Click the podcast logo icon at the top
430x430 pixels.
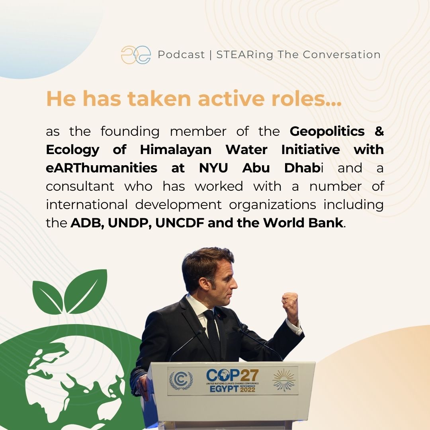pyautogui.click(x=136, y=55)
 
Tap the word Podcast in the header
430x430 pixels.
pyautogui.click(x=181, y=55)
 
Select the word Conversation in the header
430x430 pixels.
pyautogui.click(x=342, y=55)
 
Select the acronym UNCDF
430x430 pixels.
pyautogui.click(x=180, y=223)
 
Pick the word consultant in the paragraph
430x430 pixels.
pyautogui.click(x=80, y=186)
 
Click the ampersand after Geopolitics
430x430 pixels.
pyautogui.click(x=379, y=131)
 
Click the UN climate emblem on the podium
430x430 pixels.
pyautogui.click(x=181, y=380)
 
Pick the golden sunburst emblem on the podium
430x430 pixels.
pyautogui.click(x=284, y=380)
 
